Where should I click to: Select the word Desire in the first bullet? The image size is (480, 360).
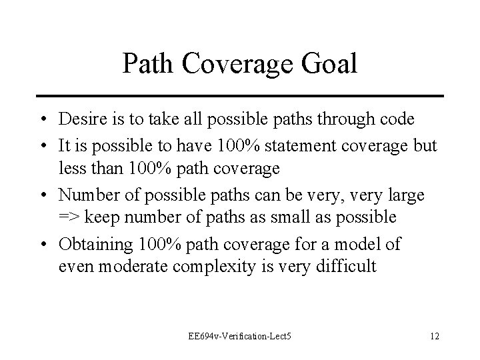pos(81,119)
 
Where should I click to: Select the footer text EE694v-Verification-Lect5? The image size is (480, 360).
pos(241,334)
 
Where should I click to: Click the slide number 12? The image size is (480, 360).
pos(434,334)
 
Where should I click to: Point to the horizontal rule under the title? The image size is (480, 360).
pos(240,96)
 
